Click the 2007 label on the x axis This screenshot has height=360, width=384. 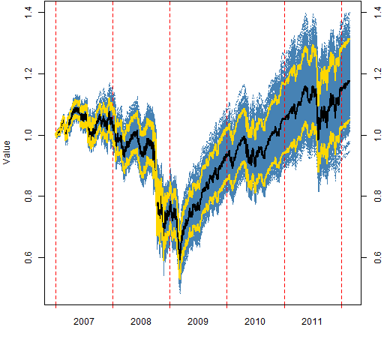coord(84,322)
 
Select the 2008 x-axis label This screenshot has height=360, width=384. coord(141,322)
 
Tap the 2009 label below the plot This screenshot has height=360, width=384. coord(198,322)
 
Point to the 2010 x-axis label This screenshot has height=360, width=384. coord(255,322)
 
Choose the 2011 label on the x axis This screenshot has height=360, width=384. coord(312,322)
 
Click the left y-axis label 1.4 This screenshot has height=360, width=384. coord(28,12)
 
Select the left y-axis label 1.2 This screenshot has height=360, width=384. coord(28,73)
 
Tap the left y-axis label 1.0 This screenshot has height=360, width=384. coord(28,135)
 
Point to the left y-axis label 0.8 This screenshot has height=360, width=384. coord(28,196)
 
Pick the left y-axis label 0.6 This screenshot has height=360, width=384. coord(28,257)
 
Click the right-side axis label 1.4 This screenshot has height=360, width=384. coord(378,12)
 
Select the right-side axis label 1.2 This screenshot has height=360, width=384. coord(378,73)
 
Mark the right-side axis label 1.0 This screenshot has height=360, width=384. coord(378,135)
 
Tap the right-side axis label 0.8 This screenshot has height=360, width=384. coord(378,196)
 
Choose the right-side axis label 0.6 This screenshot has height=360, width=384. coord(378,257)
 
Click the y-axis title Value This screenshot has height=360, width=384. coord(7,152)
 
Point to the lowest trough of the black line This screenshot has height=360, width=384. coord(180,259)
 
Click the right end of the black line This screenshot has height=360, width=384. coord(349,81)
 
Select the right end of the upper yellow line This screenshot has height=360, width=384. coord(349,39)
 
